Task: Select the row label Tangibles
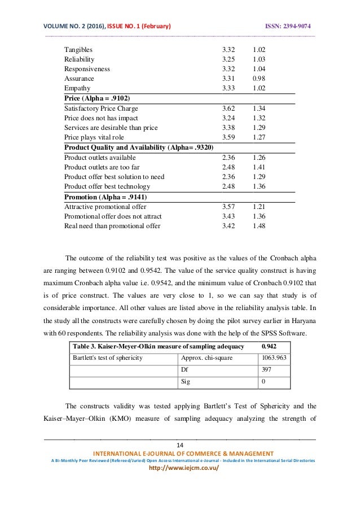(x=78, y=49)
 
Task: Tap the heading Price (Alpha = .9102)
(x=98, y=98)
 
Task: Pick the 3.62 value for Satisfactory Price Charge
(x=229, y=108)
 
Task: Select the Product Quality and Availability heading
(x=139, y=147)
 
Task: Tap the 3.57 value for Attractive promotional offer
(x=229, y=206)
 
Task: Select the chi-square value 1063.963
(x=271, y=357)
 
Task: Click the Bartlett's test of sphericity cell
(x=106, y=357)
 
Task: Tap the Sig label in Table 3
(x=185, y=382)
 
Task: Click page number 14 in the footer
(x=180, y=445)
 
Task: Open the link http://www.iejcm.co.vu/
(x=180, y=469)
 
